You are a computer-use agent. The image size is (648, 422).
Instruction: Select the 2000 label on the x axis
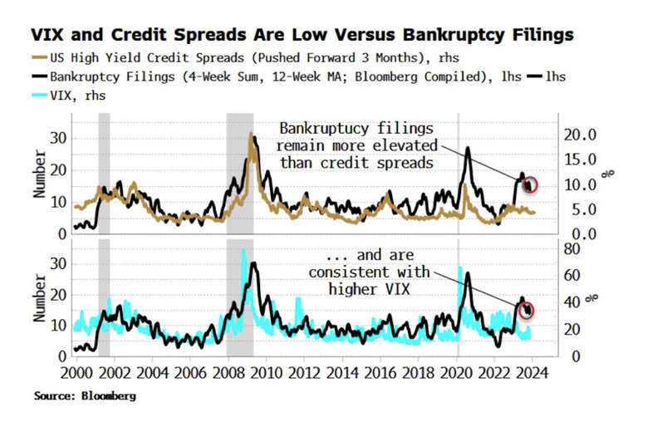point(72,374)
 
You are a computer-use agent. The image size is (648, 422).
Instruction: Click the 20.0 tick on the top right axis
point(582,135)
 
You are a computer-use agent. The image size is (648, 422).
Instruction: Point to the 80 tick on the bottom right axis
point(572,248)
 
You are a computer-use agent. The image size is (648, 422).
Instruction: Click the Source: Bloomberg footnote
point(85,396)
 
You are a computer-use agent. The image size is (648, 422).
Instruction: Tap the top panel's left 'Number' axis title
point(38,176)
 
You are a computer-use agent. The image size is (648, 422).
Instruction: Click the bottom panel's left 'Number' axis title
point(38,300)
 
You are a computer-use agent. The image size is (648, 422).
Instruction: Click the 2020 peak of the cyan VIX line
point(460,267)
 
